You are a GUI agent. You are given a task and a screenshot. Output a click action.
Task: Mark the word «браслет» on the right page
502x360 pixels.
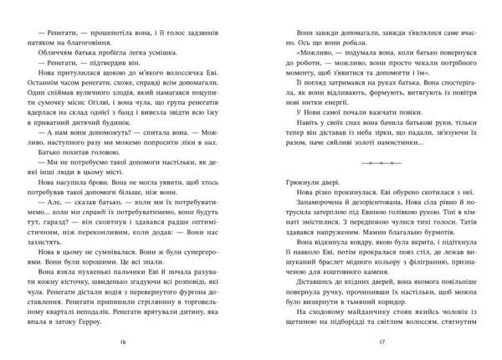320,306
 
